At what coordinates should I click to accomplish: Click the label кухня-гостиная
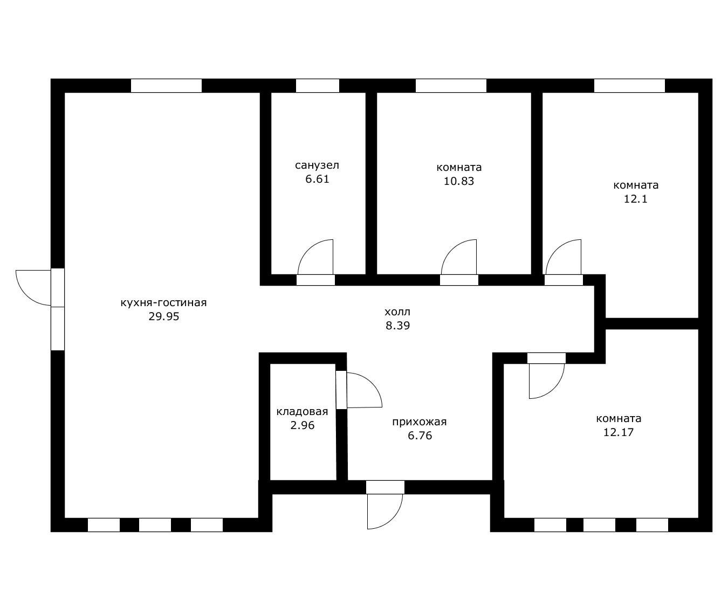[163, 303]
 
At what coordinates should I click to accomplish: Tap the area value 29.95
[163, 316]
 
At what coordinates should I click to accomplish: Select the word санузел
[317, 165]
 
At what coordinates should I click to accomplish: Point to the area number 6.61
[317, 179]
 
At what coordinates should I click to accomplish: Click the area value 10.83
[459, 181]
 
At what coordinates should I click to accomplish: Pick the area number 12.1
[635, 199]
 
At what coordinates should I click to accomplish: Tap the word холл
[397, 312]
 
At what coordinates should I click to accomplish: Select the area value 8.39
[397, 326]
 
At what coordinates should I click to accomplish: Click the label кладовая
[302, 412]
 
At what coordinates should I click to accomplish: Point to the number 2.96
[303, 425]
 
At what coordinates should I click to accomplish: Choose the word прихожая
[420, 422]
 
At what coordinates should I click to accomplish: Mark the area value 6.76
[420, 436]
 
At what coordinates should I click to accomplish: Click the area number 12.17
[619, 432]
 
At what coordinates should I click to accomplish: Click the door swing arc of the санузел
[308, 250]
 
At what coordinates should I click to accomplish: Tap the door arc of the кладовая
[372, 383]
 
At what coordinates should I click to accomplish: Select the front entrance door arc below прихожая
[392, 519]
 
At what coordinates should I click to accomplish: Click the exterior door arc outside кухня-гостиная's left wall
[26, 295]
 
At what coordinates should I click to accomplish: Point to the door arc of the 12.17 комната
[554, 389]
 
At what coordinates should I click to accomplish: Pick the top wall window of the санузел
[317, 86]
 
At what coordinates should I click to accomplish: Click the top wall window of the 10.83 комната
[451, 86]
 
